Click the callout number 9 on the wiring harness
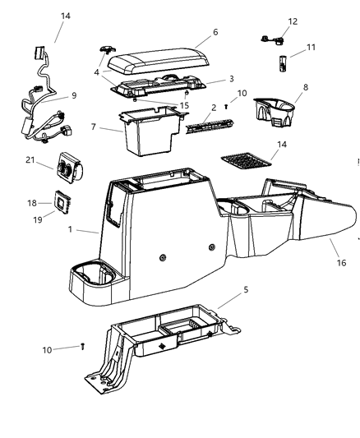pos(73,95)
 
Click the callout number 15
pos(185,105)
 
